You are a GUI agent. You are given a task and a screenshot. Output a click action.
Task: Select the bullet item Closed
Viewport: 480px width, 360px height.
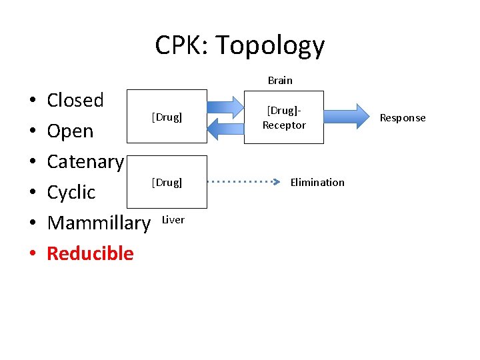(x=75, y=100)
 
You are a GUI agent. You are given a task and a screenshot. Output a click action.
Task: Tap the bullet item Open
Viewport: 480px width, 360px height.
(x=70, y=131)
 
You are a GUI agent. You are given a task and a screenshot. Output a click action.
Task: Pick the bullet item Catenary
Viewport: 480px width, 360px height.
(x=85, y=161)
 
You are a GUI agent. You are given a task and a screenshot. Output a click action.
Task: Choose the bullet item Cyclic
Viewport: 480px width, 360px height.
(x=71, y=192)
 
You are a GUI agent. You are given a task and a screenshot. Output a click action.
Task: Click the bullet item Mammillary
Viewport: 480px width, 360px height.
(x=99, y=223)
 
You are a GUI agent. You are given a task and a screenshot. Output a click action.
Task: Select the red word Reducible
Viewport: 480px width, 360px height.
(x=90, y=253)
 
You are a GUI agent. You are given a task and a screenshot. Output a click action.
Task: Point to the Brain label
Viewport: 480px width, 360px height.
(x=280, y=80)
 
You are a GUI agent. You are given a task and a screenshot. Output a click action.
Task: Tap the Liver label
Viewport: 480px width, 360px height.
(x=173, y=219)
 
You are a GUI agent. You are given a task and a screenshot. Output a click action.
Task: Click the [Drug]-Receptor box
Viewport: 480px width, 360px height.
(x=284, y=118)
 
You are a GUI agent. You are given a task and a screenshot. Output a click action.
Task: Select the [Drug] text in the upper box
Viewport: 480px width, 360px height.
(x=167, y=117)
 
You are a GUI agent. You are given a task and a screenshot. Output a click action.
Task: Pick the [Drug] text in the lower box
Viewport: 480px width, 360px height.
(x=167, y=182)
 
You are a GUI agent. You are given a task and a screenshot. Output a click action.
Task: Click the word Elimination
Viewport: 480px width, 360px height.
(x=317, y=182)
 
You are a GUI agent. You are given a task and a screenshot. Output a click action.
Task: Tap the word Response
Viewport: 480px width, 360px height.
(x=403, y=118)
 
